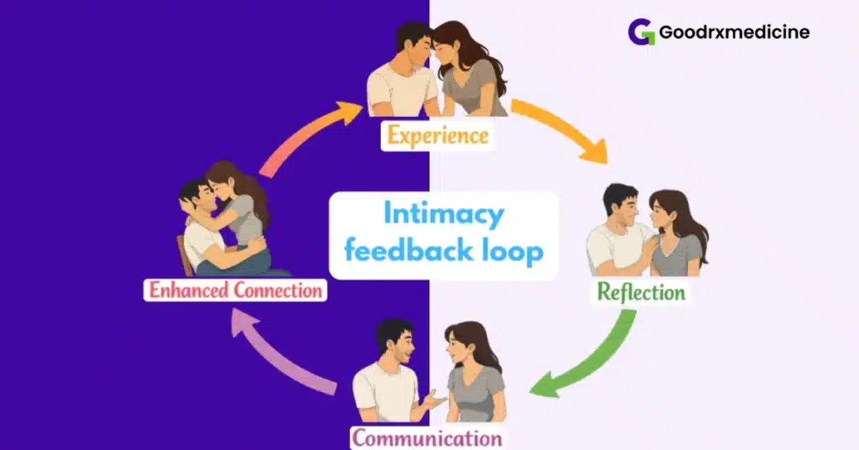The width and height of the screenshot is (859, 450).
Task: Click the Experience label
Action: click(x=437, y=135)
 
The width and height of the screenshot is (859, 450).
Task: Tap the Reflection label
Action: click(x=641, y=291)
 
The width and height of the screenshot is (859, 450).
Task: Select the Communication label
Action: click(x=427, y=437)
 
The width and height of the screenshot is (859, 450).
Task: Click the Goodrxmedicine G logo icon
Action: click(x=643, y=33)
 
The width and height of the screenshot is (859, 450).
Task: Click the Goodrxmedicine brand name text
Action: click(x=734, y=33)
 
